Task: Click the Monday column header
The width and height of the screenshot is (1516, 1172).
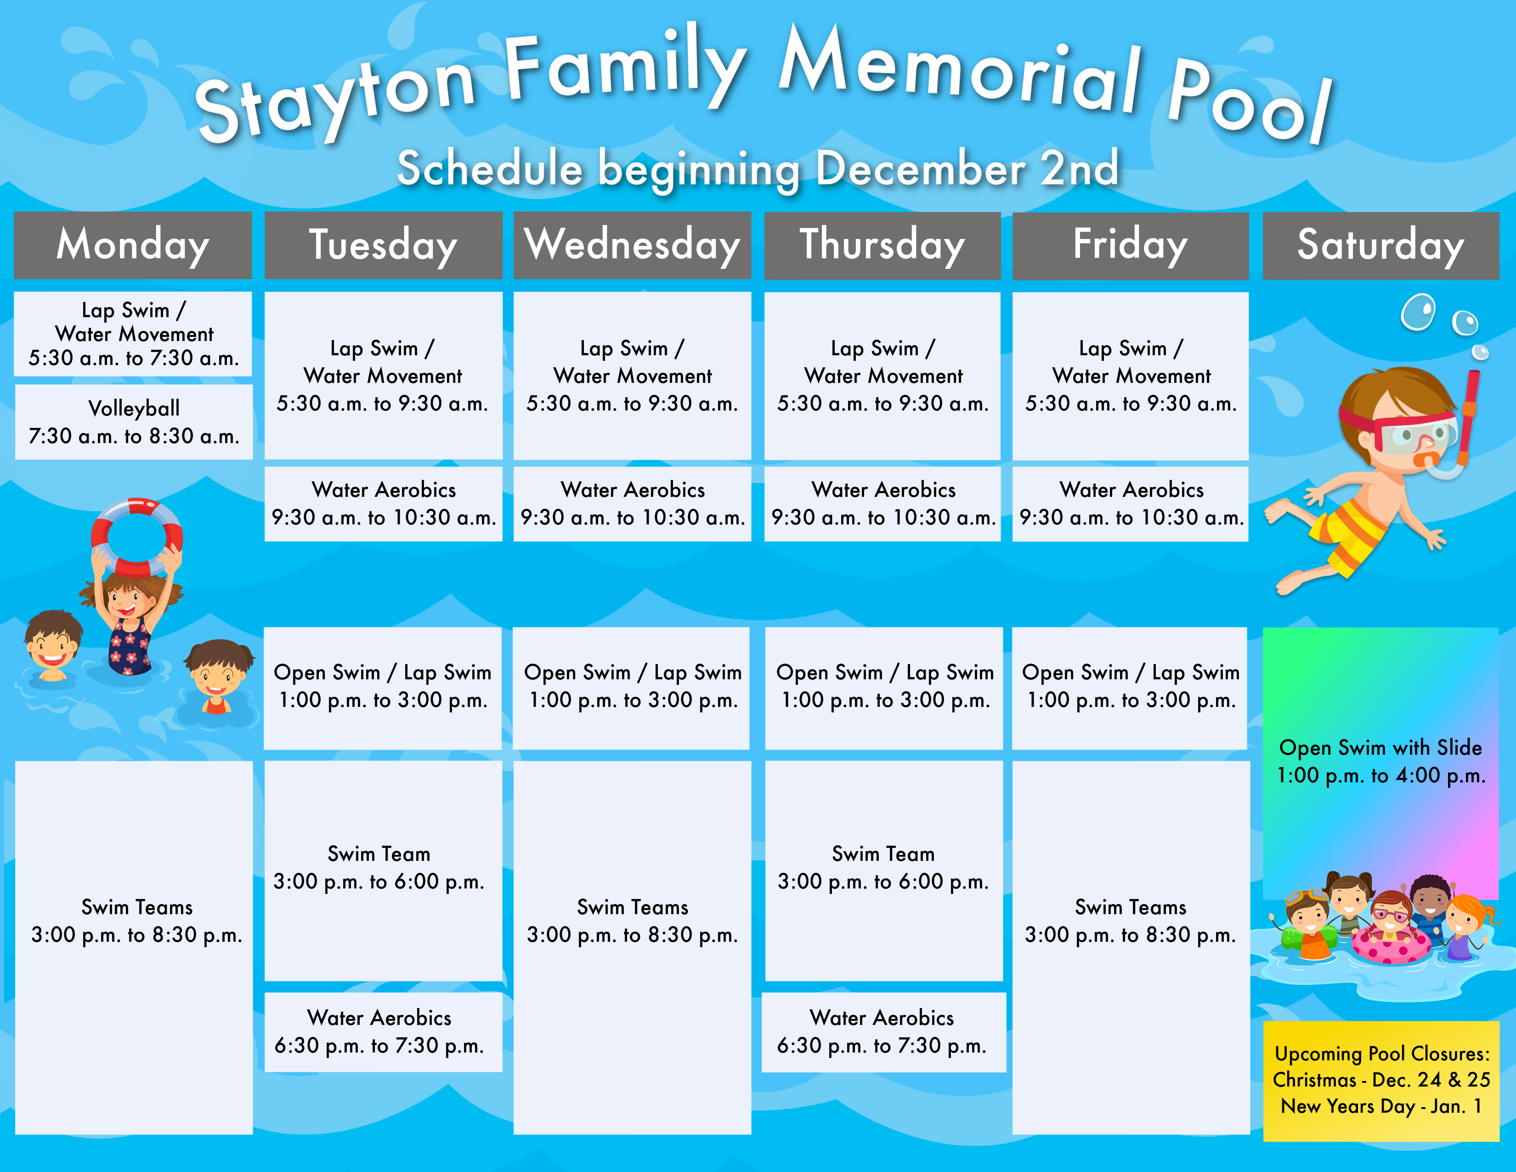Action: click(133, 245)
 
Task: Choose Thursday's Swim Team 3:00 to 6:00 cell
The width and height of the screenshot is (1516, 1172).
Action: click(883, 870)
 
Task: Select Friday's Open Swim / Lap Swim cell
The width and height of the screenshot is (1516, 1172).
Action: click(1130, 688)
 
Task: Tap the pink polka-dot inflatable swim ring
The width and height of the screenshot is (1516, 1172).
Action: click(1391, 945)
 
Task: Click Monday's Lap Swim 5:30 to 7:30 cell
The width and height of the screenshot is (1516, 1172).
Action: click(133, 334)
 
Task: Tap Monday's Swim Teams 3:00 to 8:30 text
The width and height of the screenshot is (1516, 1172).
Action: click(137, 921)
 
